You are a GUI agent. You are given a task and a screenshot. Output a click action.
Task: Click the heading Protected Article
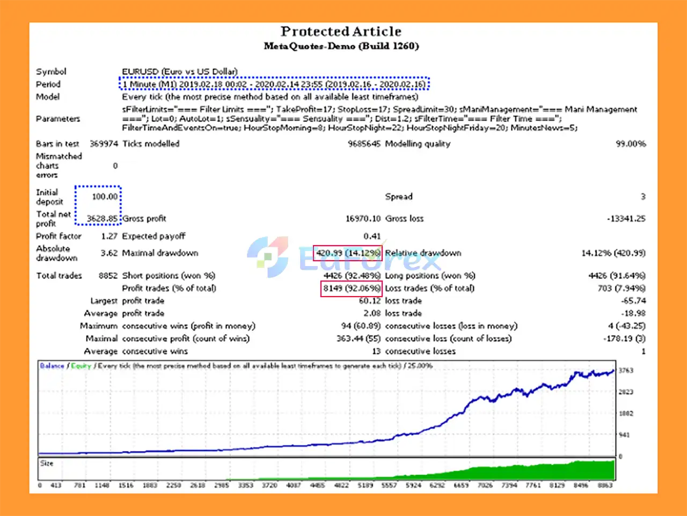pos(341,32)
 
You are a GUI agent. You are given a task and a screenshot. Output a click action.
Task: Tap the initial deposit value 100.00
pos(104,196)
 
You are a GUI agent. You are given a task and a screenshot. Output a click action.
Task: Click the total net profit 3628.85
pos(102,218)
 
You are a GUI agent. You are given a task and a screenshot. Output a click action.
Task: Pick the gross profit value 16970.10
pos(363,218)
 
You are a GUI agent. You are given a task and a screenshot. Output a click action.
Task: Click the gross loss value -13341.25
pos(626,218)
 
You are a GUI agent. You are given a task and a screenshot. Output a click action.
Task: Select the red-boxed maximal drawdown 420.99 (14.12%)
pos(348,253)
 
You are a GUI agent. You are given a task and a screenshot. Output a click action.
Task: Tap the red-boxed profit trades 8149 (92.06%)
pos(351,288)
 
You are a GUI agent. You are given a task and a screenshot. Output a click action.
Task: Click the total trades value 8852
pos(108,275)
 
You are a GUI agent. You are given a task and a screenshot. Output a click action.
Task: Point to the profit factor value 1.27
pos(109,236)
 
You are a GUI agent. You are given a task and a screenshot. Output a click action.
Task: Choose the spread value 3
pos(642,196)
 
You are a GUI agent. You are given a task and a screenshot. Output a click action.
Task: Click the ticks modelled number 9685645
pos(364,144)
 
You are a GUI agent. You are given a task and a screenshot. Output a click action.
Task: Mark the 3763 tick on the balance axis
pos(626,371)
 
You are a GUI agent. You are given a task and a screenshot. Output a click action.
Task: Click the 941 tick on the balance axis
pos(624,435)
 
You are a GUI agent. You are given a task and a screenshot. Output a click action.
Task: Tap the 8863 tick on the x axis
pos(605,485)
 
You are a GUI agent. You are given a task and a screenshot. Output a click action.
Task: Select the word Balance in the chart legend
pos(52,366)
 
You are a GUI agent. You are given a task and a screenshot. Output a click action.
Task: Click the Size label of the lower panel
pos(47,463)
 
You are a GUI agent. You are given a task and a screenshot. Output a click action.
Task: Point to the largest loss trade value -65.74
pos(633,301)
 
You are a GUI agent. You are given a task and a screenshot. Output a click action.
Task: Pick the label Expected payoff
pos(154,236)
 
